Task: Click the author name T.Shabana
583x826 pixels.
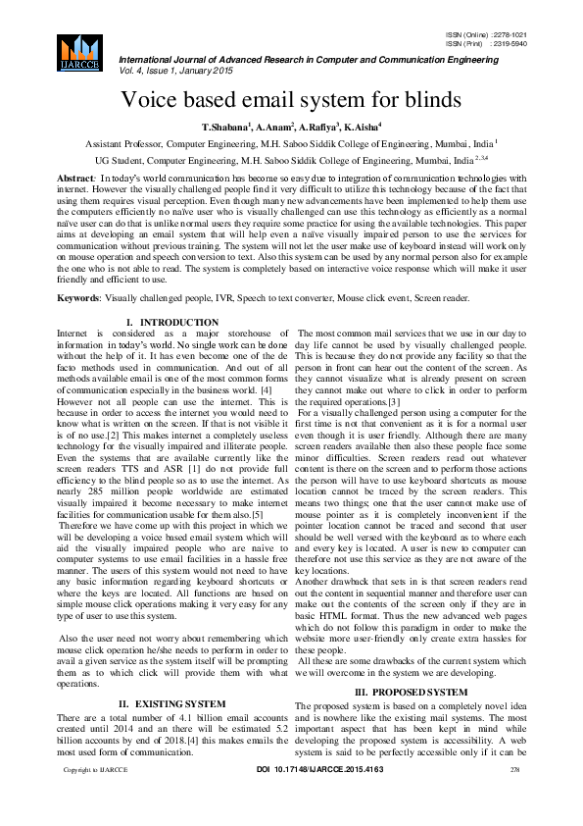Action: [225, 128]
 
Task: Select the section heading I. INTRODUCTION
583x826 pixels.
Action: [172, 323]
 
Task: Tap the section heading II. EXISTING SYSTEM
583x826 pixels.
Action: [172, 704]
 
